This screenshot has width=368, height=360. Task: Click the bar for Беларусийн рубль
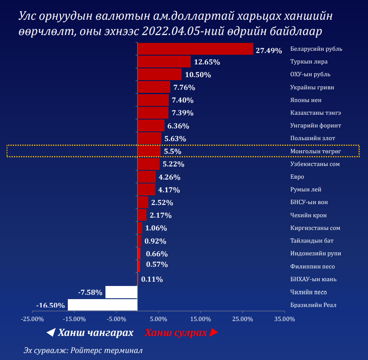click(x=196, y=49)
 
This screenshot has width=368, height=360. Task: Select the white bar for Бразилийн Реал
click(x=102, y=305)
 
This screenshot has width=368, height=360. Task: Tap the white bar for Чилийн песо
click(x=121, y=292)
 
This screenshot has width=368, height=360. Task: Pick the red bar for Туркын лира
click(x=164, y=62)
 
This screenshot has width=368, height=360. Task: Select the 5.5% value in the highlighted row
click(x=172, y=152)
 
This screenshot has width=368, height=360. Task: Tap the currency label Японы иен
click(x=306, y=100)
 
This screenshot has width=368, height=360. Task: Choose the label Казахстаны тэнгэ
click(x=315, y=113)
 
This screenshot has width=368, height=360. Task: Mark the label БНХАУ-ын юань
click(x=313, y=279)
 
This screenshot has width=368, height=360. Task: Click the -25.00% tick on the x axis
click(x=32, y=319)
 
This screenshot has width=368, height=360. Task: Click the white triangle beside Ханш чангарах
click(x=51, y=333)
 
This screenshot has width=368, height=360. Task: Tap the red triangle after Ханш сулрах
click(x=214, y=333)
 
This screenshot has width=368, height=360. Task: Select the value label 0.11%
click(x=152, y=279)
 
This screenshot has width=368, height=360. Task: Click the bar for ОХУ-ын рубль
click(x=160, y=74)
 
